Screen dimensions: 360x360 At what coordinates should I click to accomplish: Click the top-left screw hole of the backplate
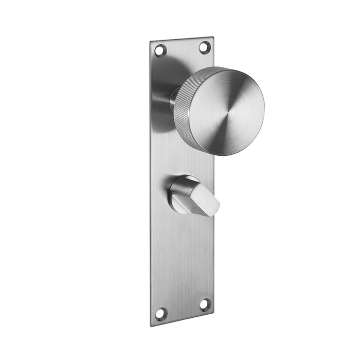coord(160,50)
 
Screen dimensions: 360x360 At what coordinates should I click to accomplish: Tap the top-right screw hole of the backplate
coord(204,47)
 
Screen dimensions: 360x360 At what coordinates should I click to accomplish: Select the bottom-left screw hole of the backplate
coord(161,312)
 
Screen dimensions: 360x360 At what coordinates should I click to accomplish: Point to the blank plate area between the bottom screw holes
coord(183,309)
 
